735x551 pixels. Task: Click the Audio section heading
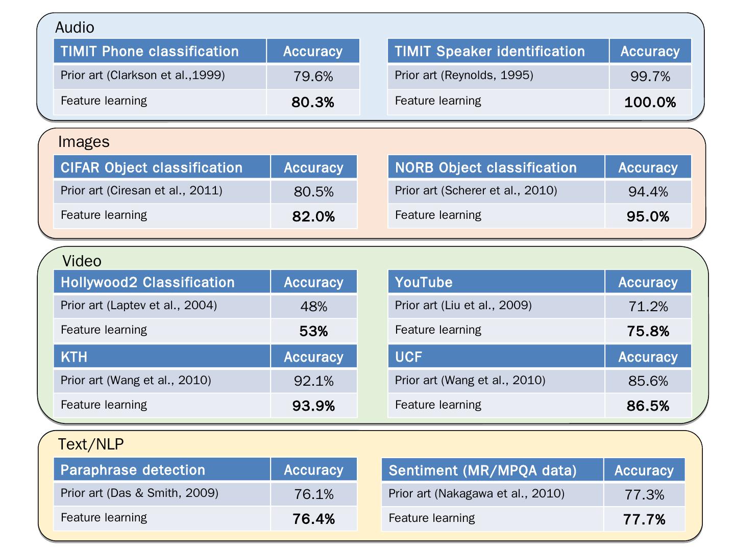75,27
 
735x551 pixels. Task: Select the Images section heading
84,141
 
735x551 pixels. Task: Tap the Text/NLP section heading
91,444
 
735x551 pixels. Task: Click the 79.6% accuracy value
313,77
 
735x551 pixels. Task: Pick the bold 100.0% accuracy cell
650,102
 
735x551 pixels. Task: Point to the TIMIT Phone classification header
150,52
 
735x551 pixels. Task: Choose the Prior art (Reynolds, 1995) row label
464,76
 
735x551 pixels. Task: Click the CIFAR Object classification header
152,167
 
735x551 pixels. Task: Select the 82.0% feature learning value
313,216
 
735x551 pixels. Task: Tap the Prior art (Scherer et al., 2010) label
476,191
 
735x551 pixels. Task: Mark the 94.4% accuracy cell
648,192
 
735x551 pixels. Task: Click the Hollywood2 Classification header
148,282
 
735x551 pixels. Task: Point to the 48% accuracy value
313,307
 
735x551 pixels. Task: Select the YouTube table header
424,282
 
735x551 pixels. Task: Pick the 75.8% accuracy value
648,331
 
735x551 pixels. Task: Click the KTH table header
74,357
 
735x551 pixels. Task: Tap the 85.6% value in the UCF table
648,381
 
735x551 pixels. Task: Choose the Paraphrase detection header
133,470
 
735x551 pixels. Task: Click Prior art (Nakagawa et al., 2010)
476,494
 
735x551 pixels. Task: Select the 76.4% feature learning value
313,519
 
